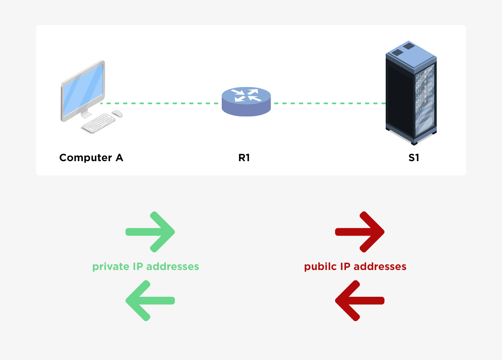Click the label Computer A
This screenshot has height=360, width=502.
click(91, 158)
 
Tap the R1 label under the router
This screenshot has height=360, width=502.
click(244, 158)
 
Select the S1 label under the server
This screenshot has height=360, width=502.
click(414, 158)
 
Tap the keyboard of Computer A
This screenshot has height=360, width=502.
click(99, 123)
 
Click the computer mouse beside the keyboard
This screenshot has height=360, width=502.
click(117, 113)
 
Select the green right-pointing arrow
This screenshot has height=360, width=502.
click(150, 232)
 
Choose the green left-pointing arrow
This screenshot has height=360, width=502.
click(150, 301)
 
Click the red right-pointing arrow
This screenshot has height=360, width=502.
click(360, 232)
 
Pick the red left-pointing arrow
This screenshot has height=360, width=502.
click(360, 301)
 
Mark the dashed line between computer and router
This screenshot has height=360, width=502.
click(161, 103)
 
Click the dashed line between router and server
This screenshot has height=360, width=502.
click(328, 103)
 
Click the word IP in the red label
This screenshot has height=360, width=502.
click(345, 267)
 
